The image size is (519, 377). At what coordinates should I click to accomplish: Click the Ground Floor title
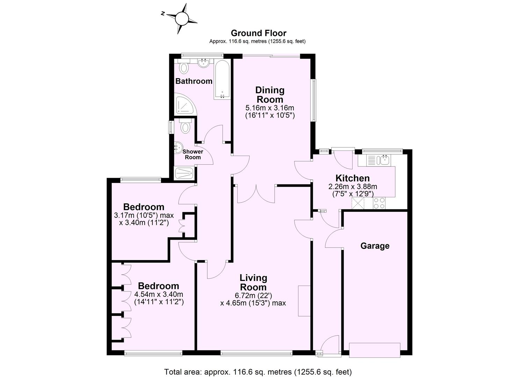(258, 33)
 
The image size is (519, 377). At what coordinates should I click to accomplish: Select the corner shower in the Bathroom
(185, 104)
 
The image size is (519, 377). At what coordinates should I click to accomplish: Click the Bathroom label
(194, 81)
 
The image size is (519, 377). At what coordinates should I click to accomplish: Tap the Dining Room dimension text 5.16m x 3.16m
(269, 108)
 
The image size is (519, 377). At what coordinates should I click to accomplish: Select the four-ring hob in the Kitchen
(380, 203)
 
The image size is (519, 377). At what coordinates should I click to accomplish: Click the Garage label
(375, 246)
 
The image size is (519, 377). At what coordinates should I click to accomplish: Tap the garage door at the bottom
(374, 350)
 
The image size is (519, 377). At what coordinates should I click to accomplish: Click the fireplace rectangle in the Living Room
(304, 301)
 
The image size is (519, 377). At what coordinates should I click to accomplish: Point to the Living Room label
(253, 282)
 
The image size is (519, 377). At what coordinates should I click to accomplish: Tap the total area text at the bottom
(258, 372)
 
